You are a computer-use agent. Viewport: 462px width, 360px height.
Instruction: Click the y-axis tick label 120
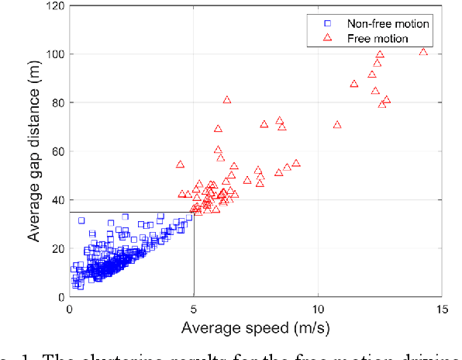point(54,6)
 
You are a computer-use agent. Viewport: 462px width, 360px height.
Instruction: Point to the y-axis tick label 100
point(54,54)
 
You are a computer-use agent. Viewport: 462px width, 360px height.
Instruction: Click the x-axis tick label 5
point(194,308)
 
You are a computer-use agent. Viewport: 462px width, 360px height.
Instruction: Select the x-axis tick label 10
point(318,308)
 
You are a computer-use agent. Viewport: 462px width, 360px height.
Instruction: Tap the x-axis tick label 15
point(442,308)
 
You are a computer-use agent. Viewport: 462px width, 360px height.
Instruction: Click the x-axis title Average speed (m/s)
point(256,327)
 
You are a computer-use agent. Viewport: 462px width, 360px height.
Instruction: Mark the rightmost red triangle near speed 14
point(423,52)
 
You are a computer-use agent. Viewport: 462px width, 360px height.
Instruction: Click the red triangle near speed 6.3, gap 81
point(227,100)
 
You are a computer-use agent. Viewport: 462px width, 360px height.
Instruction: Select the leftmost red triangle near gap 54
point(181,164)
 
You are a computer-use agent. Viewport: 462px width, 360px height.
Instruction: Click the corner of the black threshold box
point(194,212)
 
